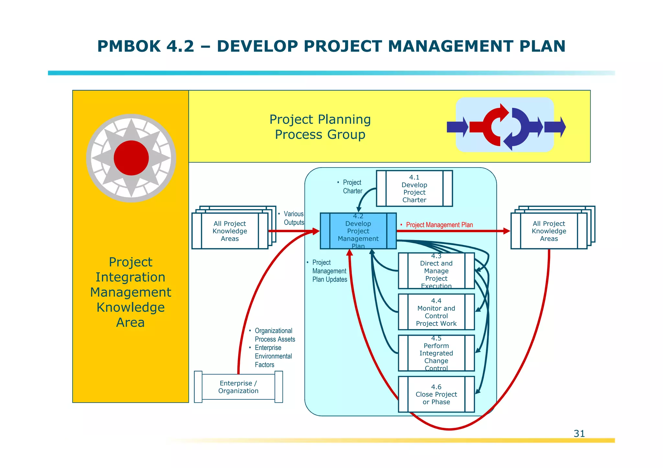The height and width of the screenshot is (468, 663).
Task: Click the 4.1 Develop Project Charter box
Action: (x=414, y=189)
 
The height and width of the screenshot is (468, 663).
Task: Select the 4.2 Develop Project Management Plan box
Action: (x=358, y=231)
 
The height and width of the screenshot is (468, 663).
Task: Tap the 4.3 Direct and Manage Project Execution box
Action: (x=436, y=271)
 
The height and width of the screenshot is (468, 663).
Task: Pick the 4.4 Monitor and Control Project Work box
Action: (x=436, y=312)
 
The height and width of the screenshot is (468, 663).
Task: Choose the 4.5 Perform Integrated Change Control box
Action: (x=436, y=353)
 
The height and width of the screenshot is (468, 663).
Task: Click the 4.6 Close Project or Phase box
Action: (x=436, y=394)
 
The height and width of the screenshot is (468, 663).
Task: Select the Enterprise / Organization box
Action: (x=238, y=387)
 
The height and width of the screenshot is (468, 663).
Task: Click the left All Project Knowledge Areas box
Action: (x=230, y=231)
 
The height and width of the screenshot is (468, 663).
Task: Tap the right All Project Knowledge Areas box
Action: (x=549, y=231)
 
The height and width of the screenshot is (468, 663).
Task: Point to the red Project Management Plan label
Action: (x=439, y=225)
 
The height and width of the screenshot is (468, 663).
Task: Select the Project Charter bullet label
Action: (x=352, y=187)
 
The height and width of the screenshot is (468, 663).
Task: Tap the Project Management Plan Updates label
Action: (x=329, y=271)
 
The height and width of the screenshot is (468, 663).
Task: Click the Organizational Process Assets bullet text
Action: (x=275, y=335)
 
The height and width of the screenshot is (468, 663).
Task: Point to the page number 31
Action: (x=579, y=433)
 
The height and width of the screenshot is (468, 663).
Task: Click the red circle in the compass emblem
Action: (x=131, y=158)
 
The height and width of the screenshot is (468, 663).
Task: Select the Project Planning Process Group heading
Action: (x=320, y=127)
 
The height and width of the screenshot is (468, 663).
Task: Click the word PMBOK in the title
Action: (x=129, y=46)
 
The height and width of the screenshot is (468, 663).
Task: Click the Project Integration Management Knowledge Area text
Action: (x=130, y=292)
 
